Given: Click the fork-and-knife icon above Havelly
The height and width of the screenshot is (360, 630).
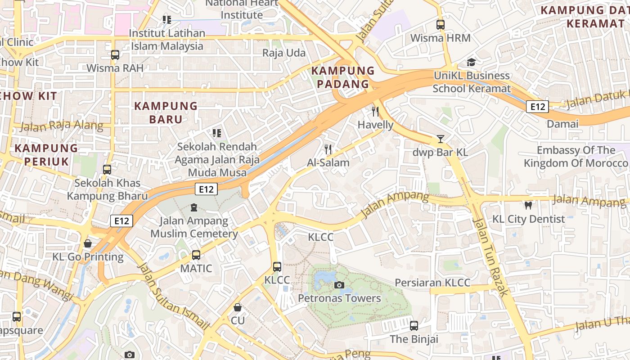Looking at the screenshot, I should (x=375, y=111).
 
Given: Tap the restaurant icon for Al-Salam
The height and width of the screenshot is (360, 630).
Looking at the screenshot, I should (x=328, y=149).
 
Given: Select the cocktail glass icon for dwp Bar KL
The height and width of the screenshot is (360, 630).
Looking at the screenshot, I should (x=440, y=139).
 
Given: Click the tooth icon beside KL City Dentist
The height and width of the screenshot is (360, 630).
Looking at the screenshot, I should (x=528, y=206).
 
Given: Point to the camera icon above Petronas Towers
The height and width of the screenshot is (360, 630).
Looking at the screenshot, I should (x=339, y=284).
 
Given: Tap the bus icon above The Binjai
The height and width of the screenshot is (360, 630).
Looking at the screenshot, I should (x=414, y=325).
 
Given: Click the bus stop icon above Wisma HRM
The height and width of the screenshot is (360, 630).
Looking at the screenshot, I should (x=440, y=25).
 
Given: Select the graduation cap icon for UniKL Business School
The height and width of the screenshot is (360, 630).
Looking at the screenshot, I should (x=471, y=62).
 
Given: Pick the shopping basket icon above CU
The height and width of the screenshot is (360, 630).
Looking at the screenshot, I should (x=238, y=307).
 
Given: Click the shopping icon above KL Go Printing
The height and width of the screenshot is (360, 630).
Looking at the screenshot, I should (x=88, y=243).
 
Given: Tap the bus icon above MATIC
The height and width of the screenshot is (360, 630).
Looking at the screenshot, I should (x=196, y=255).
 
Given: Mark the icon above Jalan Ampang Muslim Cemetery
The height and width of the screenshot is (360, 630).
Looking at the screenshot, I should (x=194, y=207).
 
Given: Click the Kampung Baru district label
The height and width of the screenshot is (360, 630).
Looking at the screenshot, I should (x=166, y=112).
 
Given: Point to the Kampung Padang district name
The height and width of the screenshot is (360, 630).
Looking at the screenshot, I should (x=343, y=77).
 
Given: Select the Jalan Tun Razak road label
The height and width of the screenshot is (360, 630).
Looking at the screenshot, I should (x=490, y=256).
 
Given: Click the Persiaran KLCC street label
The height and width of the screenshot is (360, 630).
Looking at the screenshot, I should (x=432, y=283).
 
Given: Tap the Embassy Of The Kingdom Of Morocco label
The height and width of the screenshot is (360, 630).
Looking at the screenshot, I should (x=576, y=157).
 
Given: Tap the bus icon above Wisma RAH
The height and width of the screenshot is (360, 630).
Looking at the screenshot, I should (x=115, y=55).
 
